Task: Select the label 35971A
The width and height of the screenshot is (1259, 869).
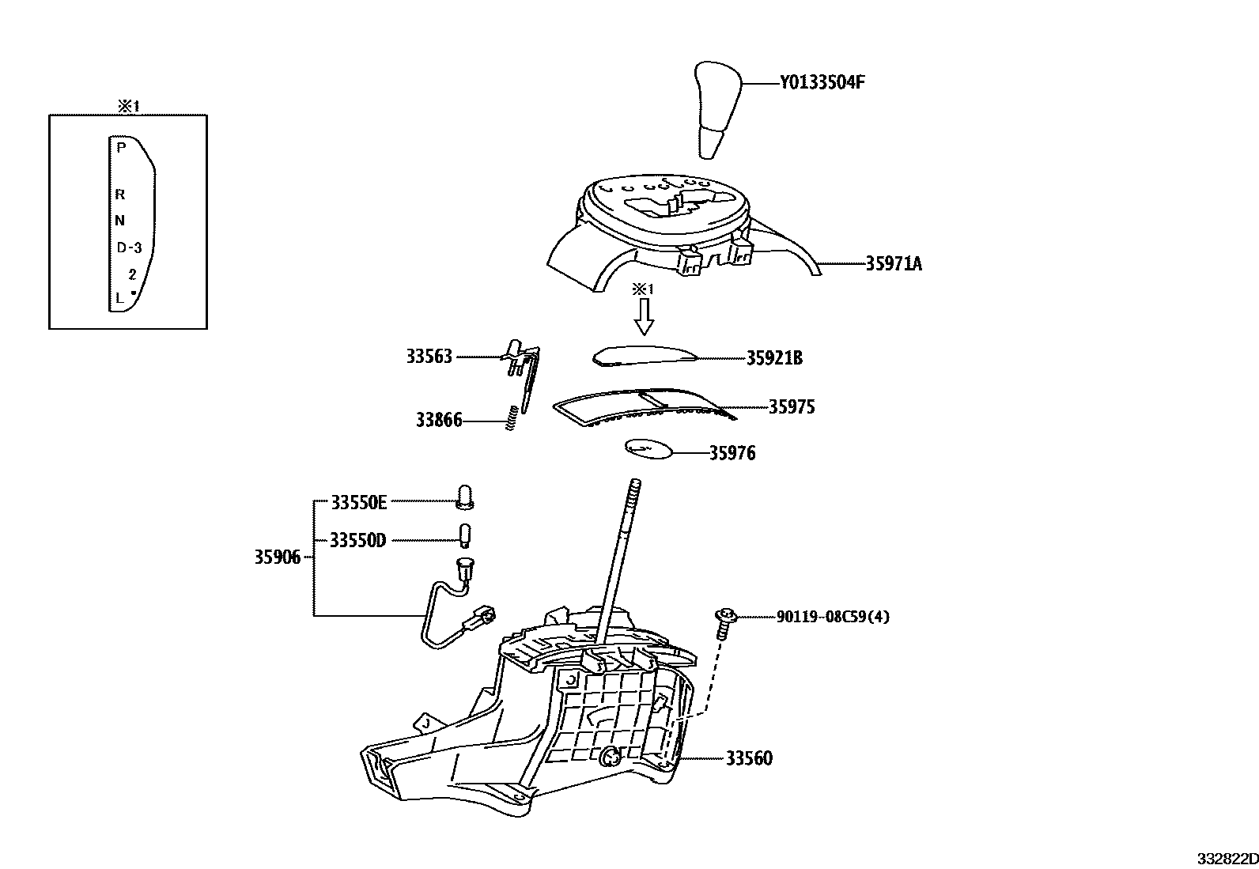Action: point(894,264)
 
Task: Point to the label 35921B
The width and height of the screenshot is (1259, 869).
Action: point(774,358)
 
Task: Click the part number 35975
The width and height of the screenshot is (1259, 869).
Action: point(791,407)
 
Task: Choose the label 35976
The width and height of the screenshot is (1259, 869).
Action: point(732,453)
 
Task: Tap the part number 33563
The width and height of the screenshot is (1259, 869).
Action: point(429,357)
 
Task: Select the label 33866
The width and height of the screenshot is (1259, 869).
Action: point(439,420)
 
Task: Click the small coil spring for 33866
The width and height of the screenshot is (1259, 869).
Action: point(512,417)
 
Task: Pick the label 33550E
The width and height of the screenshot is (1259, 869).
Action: point(359,501)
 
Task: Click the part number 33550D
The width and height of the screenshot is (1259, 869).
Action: point(357,540)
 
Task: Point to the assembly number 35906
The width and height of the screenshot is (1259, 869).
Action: point(277,557)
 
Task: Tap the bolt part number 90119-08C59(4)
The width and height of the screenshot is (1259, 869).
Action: point(833,616)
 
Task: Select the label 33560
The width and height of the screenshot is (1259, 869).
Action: point(749,758)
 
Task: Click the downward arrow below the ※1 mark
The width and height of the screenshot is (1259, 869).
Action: point(645,317)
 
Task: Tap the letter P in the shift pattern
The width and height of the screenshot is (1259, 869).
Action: point(120,147)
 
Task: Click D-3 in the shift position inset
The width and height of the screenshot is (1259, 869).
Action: point(129,247)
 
